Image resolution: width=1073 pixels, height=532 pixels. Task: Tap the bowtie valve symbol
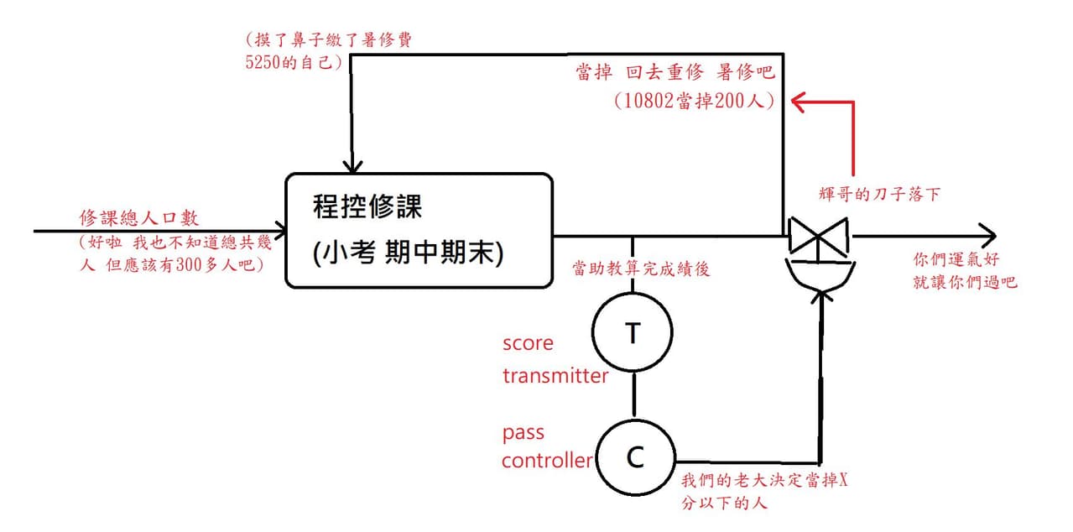[x=819, y=235]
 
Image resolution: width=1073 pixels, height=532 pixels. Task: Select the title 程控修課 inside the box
[x=367, y=206]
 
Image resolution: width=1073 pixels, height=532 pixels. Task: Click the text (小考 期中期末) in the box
[x=408, y=252]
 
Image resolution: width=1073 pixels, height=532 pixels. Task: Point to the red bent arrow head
[x=799, y=102]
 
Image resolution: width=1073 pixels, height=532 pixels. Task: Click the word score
[x=528, y=343]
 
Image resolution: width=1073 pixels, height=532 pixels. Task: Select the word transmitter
[x=555, y=376]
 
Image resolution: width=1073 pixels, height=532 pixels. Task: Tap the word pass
[x=523, y=433]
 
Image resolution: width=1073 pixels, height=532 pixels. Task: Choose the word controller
[x=547, y=460]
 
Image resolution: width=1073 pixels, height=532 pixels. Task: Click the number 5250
[x=263, y=62]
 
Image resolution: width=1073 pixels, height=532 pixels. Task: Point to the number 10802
[x=650, y=101]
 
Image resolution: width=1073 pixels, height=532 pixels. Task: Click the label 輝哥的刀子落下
[x=879, y=194]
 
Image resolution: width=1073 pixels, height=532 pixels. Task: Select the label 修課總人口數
[x=139, y=218]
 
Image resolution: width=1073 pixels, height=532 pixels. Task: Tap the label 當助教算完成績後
[x=641, y=269]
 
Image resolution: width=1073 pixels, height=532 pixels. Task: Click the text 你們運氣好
[x=956, y=259]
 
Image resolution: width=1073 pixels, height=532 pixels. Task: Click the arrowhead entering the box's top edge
[x=352, y=166]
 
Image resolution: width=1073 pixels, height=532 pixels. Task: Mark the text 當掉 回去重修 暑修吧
[x=675, y=72]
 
